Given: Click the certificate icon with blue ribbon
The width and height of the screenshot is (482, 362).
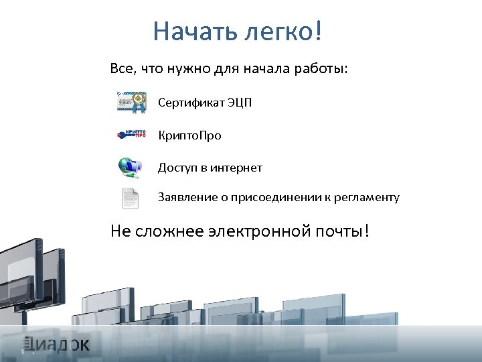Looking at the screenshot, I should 131,103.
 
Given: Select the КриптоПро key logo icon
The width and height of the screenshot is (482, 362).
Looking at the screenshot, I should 131,135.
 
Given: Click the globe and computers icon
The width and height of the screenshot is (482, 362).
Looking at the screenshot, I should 130,167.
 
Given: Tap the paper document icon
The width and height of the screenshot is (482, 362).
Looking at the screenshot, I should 130,198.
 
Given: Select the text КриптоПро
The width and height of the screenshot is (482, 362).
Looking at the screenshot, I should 189,135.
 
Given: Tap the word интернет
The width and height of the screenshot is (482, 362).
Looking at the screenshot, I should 236,167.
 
